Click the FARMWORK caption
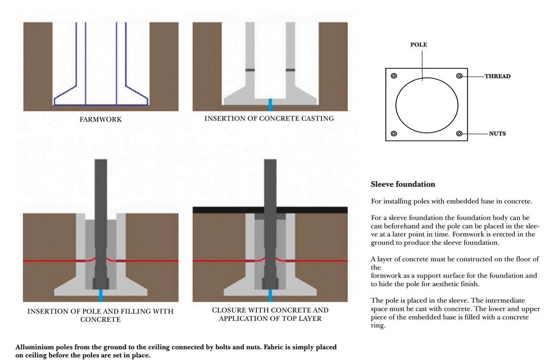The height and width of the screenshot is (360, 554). point(100,120)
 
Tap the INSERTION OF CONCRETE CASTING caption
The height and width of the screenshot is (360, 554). point(269,118)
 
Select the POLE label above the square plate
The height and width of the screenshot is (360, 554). point(419,44)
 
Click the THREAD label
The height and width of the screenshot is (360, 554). point(497,76)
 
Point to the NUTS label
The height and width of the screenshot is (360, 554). point(497,133)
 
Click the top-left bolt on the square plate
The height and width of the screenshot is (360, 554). point(394,76)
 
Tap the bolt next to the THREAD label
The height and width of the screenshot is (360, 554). point(459,76)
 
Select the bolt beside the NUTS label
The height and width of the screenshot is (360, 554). point(459,133)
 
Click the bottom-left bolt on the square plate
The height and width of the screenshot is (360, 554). point(394,133)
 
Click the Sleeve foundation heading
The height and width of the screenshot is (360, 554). point(403,184)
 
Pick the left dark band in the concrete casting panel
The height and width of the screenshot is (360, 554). point(250,70)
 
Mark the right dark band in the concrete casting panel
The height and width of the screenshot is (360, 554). point(290,70)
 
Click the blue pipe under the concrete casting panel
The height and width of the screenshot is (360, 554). point(270,105)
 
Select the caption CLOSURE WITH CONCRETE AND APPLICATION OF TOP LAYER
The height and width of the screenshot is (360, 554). point(270,314)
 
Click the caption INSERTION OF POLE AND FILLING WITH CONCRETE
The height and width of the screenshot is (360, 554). point(100,315)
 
